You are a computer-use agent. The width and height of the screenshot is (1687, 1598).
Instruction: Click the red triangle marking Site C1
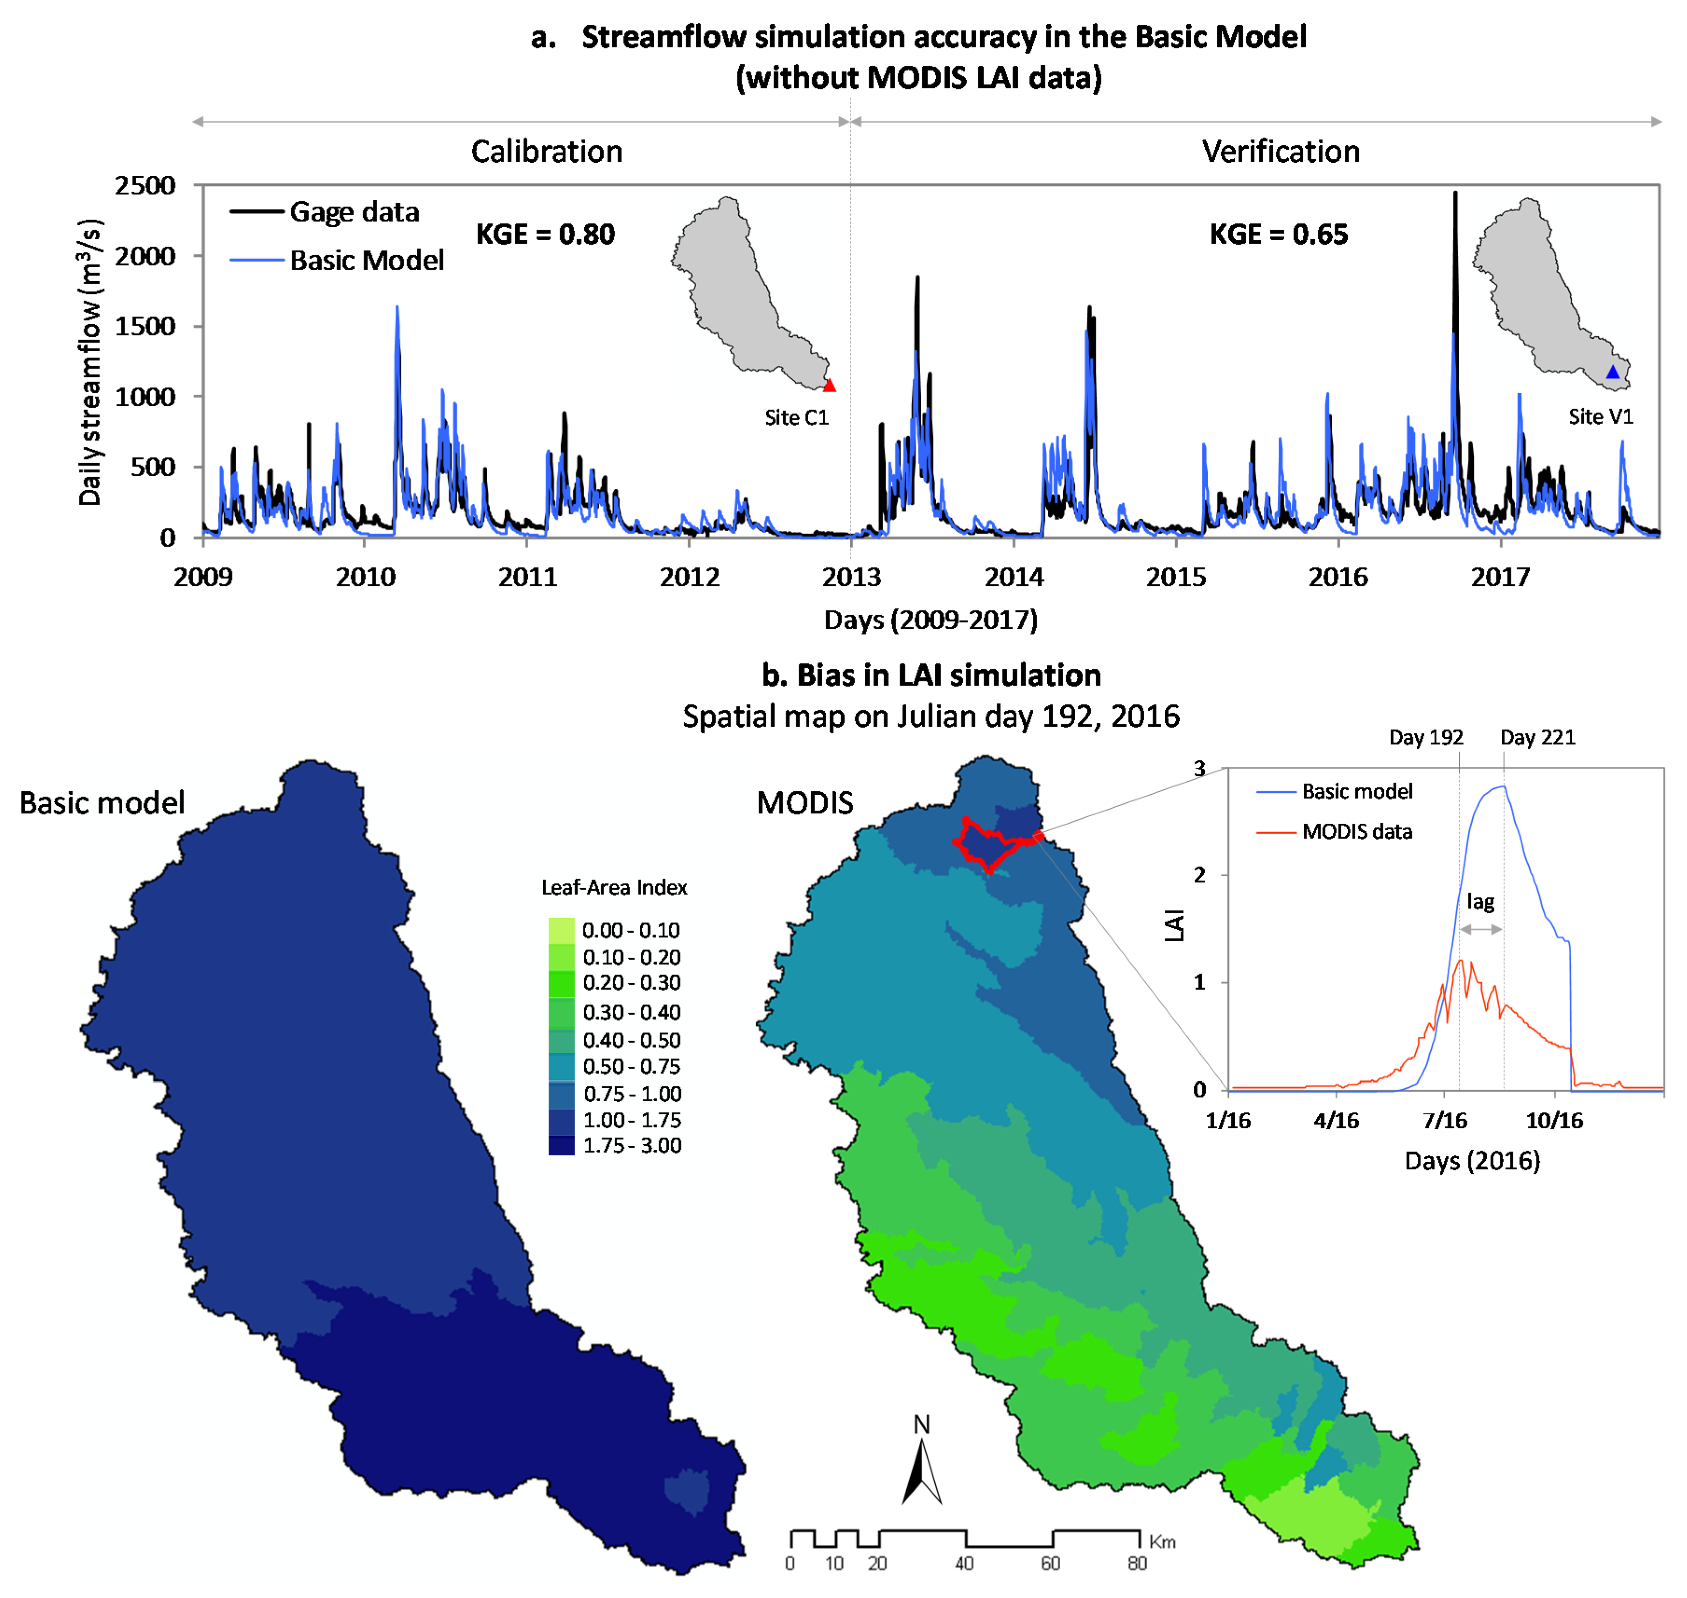point(829,385)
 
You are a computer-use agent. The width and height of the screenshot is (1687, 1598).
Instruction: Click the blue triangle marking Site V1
point(1612,372)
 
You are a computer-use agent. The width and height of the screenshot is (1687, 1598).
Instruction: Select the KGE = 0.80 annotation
point(545,234)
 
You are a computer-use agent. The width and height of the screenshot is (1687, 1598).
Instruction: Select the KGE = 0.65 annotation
point(1278,234)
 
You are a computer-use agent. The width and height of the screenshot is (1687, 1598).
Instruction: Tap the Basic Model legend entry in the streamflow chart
point(366,260)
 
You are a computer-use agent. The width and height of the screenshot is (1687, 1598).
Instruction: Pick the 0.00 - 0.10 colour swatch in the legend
point(561,929)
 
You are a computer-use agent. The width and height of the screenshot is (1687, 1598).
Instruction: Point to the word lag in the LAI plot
point(1480,901)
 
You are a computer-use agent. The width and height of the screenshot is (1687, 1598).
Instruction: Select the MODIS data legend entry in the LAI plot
point(1357,831)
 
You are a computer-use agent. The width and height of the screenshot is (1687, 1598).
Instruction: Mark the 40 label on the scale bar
point(964,1563)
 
